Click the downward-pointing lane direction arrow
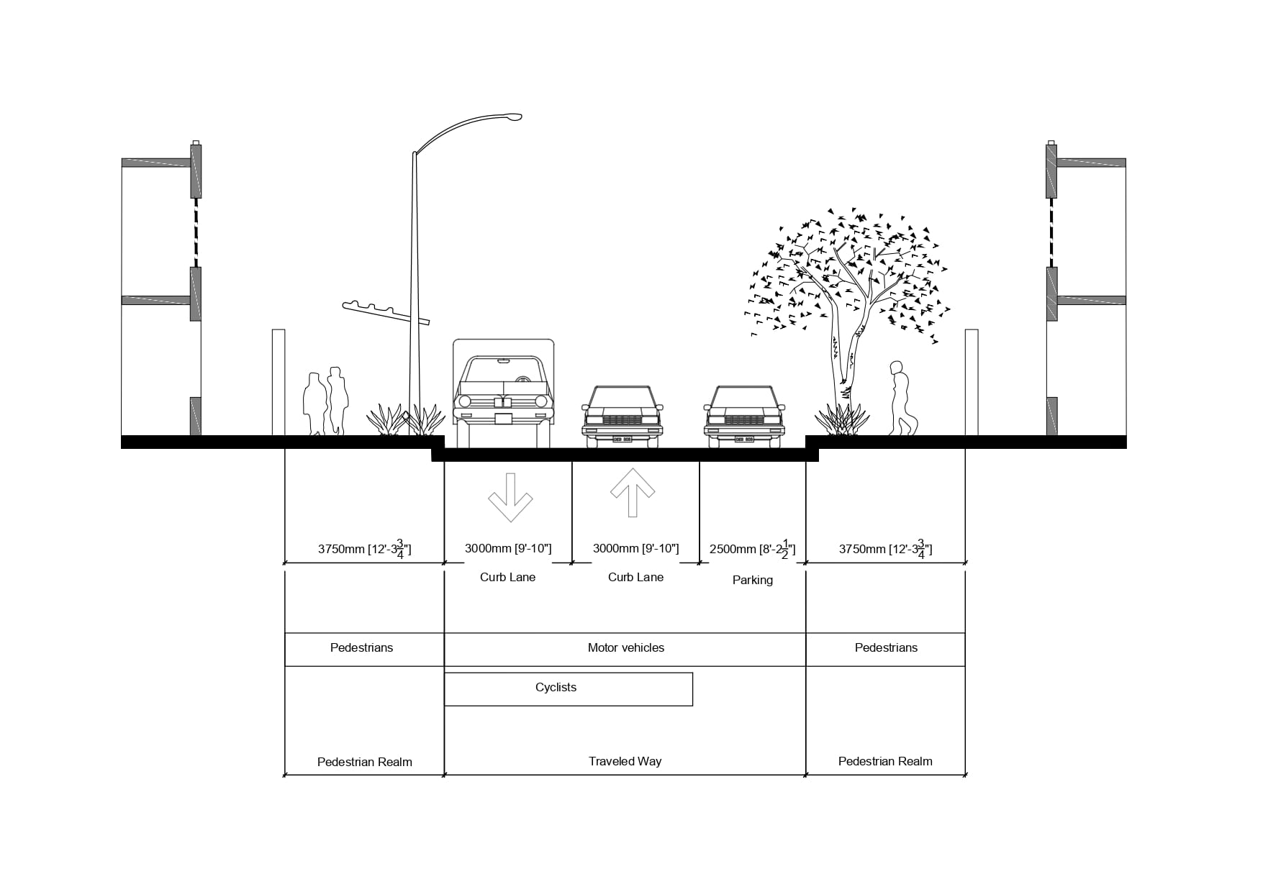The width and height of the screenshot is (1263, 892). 510,497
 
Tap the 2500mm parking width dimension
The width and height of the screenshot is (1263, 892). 752,549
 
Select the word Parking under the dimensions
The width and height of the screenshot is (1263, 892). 752,580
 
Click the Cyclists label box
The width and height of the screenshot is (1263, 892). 568,688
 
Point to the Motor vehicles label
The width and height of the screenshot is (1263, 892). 625,647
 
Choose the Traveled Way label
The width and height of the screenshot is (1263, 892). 625,761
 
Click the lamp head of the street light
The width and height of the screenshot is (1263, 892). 512,116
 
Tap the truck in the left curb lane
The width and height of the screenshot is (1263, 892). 504,393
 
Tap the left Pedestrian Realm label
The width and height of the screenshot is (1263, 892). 364,762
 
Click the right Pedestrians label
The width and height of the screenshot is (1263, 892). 886,647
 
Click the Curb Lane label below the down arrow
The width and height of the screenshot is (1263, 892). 507,577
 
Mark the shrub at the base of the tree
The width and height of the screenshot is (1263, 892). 841,421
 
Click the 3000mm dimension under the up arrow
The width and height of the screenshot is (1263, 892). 635,548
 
